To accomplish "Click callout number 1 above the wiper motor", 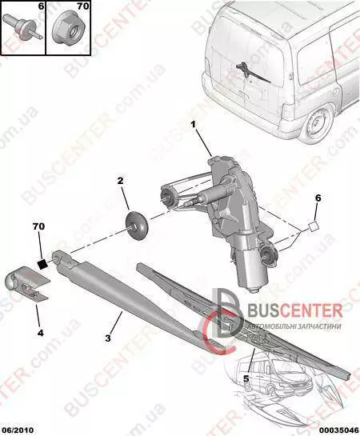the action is click(x=193, y=125).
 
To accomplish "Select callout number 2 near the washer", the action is click(x=120, y=181).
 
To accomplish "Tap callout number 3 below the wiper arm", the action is click(x=108, y=338).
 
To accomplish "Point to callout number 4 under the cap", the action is click(x=41, y=333).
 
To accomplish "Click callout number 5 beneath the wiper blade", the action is click(x=246, y=378).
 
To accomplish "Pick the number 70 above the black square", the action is click(x=38, y=226).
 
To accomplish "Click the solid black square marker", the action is click(x=42, y=264).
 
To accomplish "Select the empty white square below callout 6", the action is click(x=313, y=226).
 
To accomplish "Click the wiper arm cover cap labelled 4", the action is click(x=27, y=283).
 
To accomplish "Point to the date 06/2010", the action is click(x=18, y=430).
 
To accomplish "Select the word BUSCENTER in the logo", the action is click(x=294, y=310).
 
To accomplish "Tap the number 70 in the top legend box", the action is click(x=82, y=6).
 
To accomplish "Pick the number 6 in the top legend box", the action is click(x=41, y=6).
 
